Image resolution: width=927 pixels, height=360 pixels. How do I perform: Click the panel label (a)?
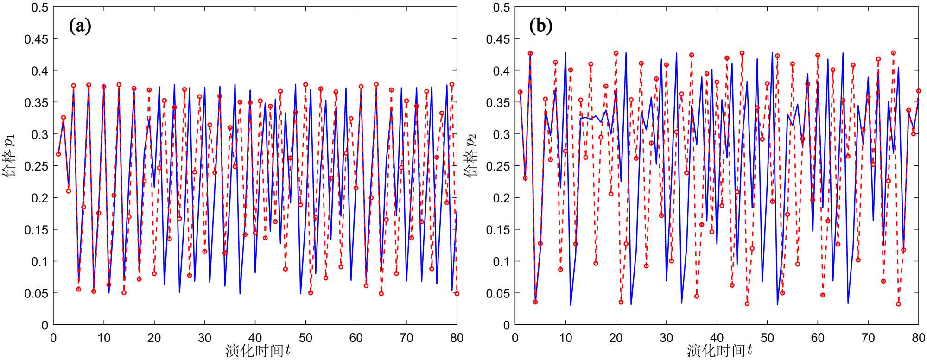[x=80, y=26]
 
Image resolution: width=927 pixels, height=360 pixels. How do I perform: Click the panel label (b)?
[x=541, y=26]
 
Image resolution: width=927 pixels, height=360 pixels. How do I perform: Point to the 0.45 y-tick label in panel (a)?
[x=36, y=39]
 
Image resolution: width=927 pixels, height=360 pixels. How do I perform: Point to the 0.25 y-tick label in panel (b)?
[x=498, y=166]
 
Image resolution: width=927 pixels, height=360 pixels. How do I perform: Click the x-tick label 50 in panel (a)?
[x=305, y=338]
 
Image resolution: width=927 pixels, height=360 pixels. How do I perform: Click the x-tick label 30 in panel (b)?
[x=667, y=338]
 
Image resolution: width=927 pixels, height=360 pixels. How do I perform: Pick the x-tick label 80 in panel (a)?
[x=457, y=338]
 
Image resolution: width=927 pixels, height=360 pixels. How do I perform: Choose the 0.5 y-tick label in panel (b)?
[x=502, y=7]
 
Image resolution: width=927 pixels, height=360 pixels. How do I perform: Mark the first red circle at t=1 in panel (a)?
[x=58, y=154]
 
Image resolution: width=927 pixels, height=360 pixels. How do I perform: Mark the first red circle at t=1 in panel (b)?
[x=520, y=92]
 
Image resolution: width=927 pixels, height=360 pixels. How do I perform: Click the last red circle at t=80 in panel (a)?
[x=457, y=294]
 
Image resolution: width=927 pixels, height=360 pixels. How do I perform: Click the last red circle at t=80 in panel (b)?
[x=919, y=91]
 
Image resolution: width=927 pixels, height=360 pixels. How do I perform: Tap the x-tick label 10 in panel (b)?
[x=565, y=338]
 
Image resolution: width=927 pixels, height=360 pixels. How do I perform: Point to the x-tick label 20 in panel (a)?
[x=154, y=338]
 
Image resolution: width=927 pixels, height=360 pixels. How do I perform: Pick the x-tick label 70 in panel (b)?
[x=868, y=338]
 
